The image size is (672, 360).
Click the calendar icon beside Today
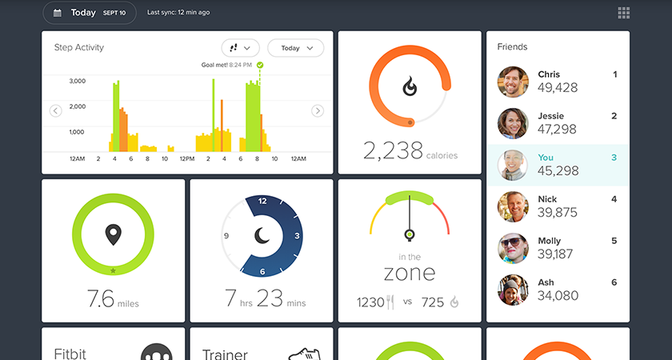click(58, 13)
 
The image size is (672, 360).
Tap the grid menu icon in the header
click(623, 13)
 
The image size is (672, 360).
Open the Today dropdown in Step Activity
click(296, 48)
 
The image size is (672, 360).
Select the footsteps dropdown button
click(241, 48)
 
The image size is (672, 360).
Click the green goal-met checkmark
click(260, 65)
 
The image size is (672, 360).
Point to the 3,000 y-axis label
click(77, 81)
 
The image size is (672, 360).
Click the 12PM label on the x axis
click(187, 159)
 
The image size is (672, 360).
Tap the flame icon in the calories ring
click(410, 86)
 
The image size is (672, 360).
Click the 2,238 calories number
click(393, 151)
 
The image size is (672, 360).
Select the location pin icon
click(113, 234)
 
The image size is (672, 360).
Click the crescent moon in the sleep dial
click(262, 236)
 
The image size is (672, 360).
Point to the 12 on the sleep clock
click(262, 201)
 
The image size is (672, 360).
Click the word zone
click(410, 273)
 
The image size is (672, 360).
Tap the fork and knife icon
click(390, 302)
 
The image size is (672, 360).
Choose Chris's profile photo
click(513, 82)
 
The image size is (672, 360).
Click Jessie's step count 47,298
click(557, 129)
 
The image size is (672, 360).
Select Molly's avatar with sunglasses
click(513, 248)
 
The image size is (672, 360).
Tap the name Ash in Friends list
click(546, 282)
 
